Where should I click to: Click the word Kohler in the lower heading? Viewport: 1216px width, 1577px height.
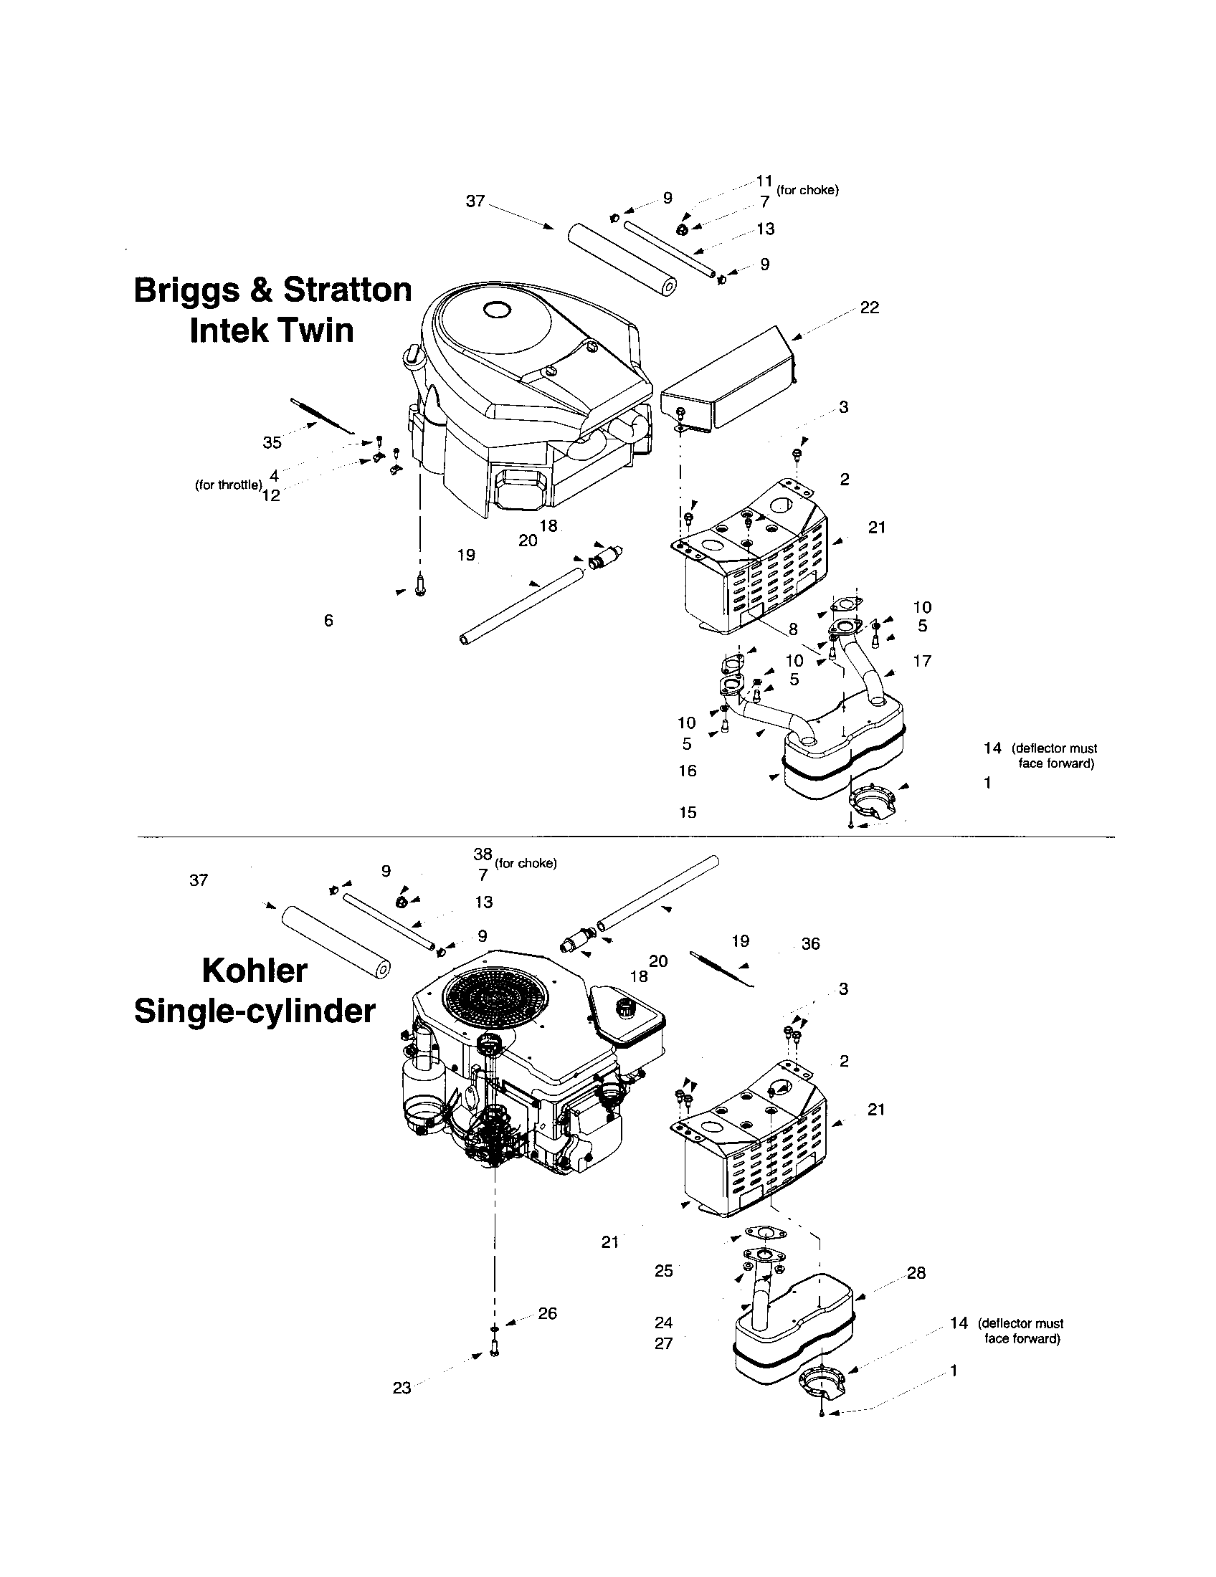255,971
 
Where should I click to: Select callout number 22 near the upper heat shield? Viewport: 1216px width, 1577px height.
870,308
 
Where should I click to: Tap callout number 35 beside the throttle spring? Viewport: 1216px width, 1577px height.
272,442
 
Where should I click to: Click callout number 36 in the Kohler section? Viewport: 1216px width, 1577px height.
810,944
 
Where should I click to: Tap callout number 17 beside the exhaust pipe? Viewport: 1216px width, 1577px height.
922,661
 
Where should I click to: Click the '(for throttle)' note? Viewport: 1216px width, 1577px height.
227,485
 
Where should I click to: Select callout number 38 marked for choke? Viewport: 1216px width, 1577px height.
483,854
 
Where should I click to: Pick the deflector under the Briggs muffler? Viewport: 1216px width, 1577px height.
872,801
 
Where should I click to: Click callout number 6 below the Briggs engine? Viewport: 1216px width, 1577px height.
328,620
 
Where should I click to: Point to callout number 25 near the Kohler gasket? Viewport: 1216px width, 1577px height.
664,1271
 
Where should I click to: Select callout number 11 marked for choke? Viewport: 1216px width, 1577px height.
764,181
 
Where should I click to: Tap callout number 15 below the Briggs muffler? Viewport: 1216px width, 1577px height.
688,812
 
